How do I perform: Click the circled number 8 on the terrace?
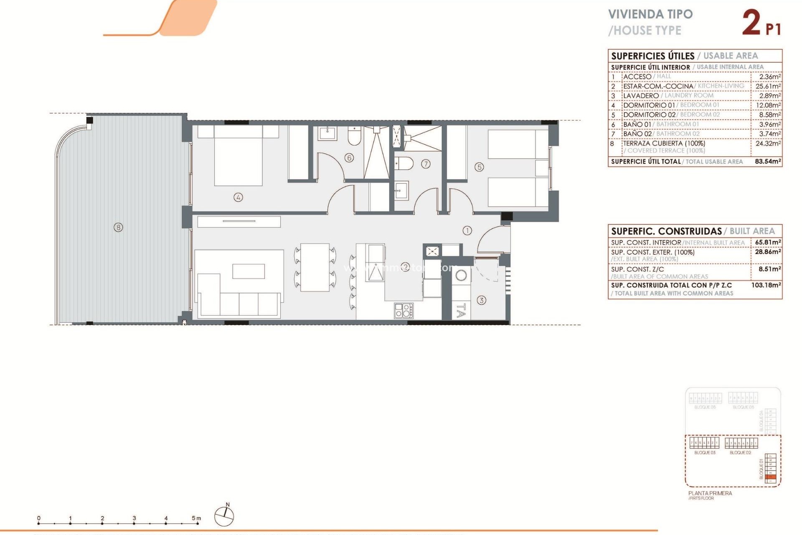click(x=119, y=227)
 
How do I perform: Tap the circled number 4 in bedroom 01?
click(x=238, y=197)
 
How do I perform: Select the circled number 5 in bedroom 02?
click(x=479, y=167)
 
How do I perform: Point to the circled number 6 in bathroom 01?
click(x=349, y=158)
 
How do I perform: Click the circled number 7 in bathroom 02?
click(x=426, y=164)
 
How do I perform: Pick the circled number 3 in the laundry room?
click(x=481, y=300)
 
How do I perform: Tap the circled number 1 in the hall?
click(x=467, y=230)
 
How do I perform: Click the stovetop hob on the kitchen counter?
click(x=404, y=311)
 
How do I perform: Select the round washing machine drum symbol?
click(x=461, y=275)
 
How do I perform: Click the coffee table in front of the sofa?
click(x=249, y=271)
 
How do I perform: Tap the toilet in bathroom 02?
click(x=404, y=163)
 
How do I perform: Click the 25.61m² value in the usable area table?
click(x=768, y=86)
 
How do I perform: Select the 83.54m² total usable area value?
click(x=768, y=161)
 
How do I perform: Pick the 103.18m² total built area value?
click(x=766, y=285)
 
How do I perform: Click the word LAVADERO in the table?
click(x=641, y=96)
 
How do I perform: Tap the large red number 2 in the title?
click(x=751, y=23)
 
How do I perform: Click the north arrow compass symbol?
click(x=224, y=516)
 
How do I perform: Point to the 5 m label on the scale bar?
click(x=196, y=518)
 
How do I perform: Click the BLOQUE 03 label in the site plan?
click(x=705, y=453)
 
